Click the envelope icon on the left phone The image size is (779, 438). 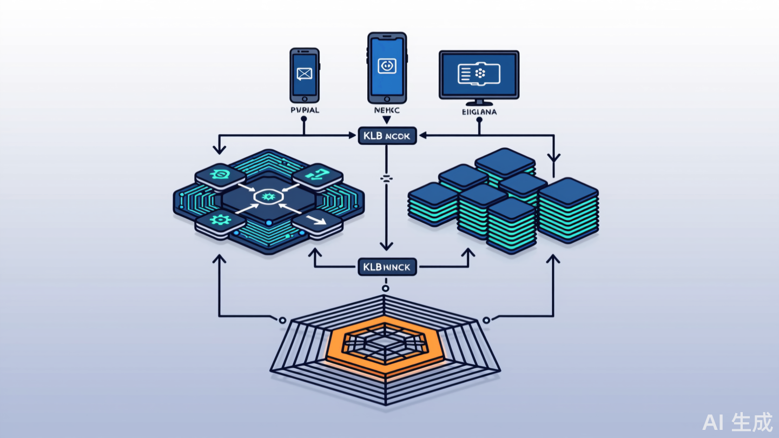pyautogui.click(x=305, y=73)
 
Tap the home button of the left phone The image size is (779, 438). pyautogui.click(x=305, y=98)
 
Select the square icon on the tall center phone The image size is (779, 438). pyautogui.click(x=387, y=66)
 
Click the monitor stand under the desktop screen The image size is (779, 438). pyautogui.click(x=479, y=103)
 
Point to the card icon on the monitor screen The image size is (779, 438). pyautogui.click(x=479, y=75)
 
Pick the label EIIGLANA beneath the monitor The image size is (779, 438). pyautogui.click(x=479, y=112)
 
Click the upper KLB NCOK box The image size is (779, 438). pyautogui.click(x=387, y=136)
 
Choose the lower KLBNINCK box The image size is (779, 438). pyautogui.click(x=387, y=267)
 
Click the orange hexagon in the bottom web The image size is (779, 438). pyautogui.click(x=385, y=346)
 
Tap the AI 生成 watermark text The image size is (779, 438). pyautogui.click(x=738, y=422)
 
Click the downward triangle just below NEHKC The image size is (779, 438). pyautogui.click(x=387, y=120)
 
